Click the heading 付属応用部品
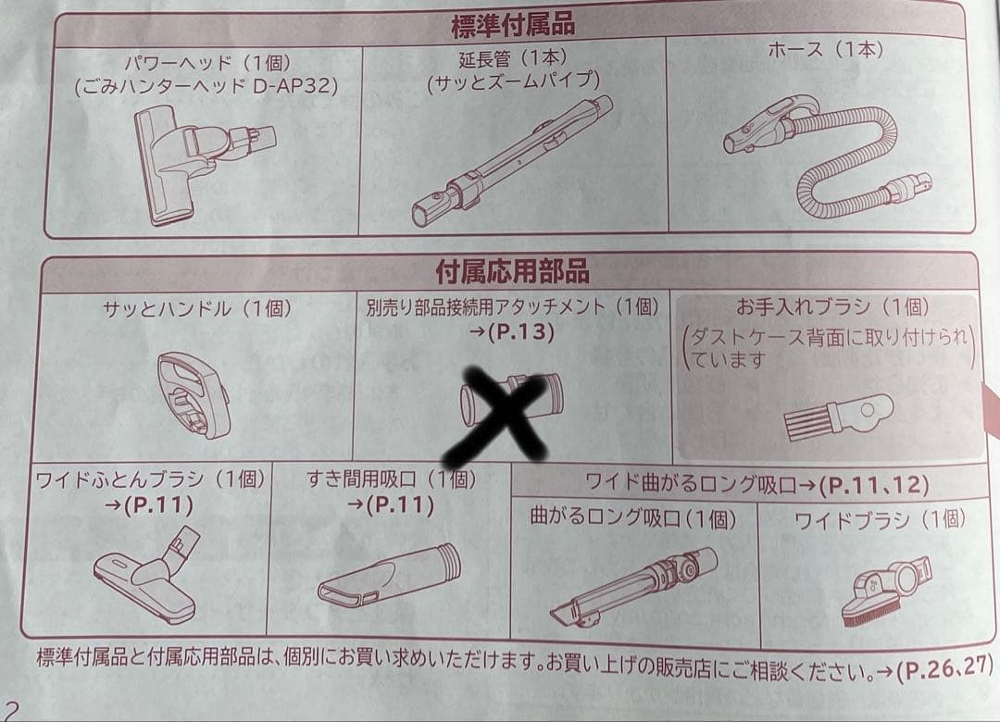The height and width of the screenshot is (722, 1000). point(511,271)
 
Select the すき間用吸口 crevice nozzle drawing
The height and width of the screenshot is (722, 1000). point(388,575)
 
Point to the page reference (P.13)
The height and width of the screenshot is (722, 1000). point(519,332)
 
